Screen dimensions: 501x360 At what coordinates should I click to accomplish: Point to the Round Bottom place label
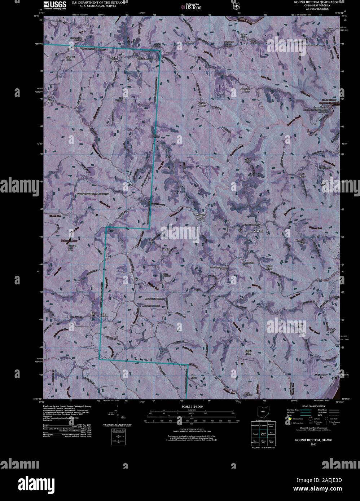114,59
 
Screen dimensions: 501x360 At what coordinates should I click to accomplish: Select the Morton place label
166,249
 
